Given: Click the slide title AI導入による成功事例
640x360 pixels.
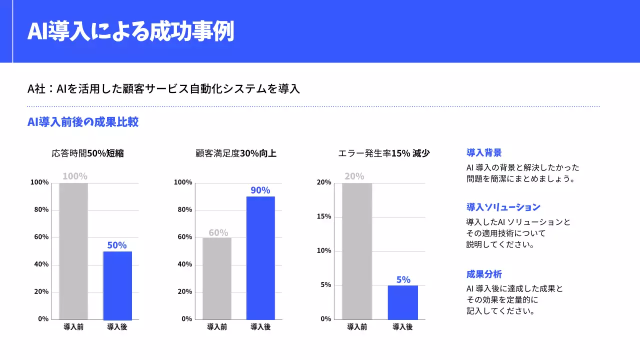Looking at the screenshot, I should click(130, 31).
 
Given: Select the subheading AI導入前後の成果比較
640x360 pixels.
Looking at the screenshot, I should click(83, 122).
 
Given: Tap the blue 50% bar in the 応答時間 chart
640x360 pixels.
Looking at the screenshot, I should click(117, 285).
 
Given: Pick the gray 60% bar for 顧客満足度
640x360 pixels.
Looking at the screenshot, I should click(217, 278).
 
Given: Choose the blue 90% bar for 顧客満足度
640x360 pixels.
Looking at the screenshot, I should click(260, 258).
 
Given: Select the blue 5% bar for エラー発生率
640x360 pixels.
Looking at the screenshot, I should click(403, 302).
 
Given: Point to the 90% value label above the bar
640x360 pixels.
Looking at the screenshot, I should click(260, 190).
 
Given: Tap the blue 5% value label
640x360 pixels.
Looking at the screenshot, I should click(403, 280).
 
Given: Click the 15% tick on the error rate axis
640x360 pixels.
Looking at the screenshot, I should click(324, 217).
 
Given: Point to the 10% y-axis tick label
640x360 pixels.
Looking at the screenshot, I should click(324, 251).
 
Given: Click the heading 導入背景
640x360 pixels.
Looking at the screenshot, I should click(484, 153).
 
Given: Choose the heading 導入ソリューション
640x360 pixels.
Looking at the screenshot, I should click(503, 207).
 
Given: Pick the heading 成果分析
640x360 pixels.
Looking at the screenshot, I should click(484, 274).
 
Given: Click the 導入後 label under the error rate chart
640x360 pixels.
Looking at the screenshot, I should click(402, 327).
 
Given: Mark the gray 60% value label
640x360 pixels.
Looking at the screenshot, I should click(218, 233).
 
